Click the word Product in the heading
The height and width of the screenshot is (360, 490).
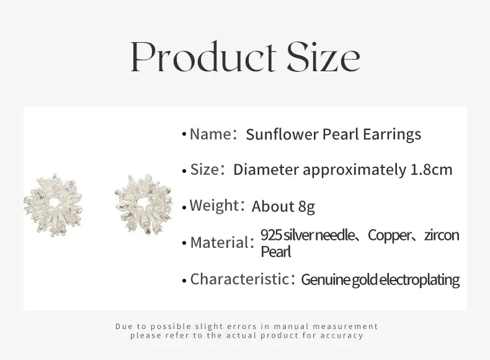tap(203, 57)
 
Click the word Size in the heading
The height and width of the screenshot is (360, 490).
tap(324, 57)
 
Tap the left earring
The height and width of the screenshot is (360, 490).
tap(53, 206)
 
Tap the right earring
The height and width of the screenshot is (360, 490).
tap(143, 205)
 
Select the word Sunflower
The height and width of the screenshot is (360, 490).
tap(282, 134)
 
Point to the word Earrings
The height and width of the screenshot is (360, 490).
tap(392, 135)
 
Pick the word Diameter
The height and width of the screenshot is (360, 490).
tap(266, 170)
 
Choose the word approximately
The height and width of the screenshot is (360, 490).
tap(354, 170)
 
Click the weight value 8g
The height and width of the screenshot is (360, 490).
tap(306, 207)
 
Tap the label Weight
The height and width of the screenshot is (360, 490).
tap(214, 206)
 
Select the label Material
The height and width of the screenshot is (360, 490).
tap(219, 243)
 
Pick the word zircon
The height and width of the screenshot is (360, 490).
tap(442, 235)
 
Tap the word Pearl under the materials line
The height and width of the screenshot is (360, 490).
tap(276, 252)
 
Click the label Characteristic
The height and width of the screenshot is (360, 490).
tap(239, 279)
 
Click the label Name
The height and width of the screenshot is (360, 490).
tap(210, 134)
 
